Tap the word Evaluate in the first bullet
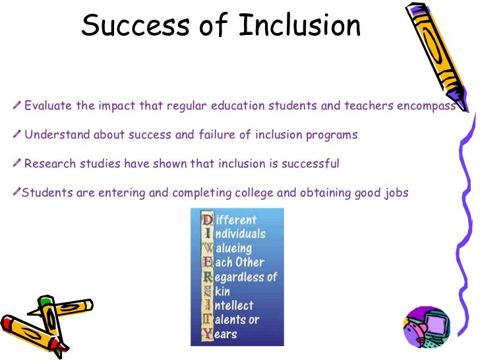(47, 106)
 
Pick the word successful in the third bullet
(311, 164)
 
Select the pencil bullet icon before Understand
(16, 135)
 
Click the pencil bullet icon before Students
(16, 192)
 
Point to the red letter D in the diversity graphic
(207, 220)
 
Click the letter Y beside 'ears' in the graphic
(207, 334)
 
